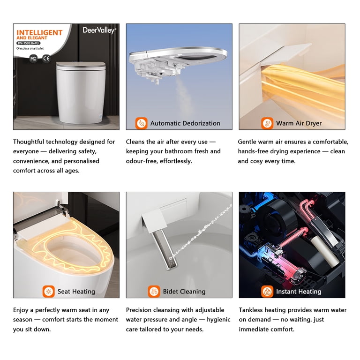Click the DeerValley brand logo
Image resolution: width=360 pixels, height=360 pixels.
[99, 30]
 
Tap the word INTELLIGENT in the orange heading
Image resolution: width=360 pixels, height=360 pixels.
[39, 33]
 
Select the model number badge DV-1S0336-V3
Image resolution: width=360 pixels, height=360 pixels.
[28, 43]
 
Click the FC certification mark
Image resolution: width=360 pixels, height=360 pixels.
[33, 59]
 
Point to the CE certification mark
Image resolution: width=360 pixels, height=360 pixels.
[46, 58]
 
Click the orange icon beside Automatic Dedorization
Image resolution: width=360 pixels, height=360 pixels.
[141, 123]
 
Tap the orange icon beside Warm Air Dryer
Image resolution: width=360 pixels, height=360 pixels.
[267, 123]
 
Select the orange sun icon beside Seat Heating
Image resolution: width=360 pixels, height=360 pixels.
[48, 292]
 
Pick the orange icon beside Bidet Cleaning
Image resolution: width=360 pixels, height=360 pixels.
[154, 292]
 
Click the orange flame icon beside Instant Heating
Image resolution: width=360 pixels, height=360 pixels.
[267, 292]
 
